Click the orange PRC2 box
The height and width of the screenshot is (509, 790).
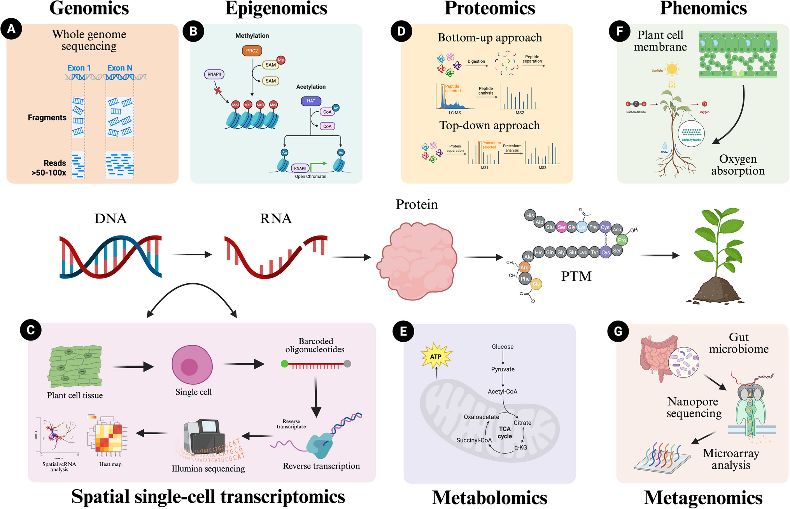point(252,51)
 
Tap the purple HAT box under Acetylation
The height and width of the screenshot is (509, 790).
point(311,101)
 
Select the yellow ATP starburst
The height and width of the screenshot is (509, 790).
point(436,356)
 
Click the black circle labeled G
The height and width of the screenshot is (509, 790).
point(618,331)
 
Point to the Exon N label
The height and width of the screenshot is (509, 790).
point(120,68)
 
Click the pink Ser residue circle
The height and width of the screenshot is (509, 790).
point(561,227)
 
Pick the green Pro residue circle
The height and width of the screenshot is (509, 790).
point(622,240)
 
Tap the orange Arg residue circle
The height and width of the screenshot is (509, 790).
point(524,267)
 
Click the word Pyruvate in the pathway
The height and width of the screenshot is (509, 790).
point(503,369)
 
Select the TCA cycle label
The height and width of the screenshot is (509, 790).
point(505,432)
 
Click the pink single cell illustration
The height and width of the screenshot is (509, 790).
point(192,365)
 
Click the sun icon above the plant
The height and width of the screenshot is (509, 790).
point(671,69)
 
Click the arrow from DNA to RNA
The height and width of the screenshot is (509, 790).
point(192,254)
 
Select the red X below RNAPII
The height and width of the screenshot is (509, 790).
point(218,91)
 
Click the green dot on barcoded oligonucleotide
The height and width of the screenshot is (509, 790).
point(284,364)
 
